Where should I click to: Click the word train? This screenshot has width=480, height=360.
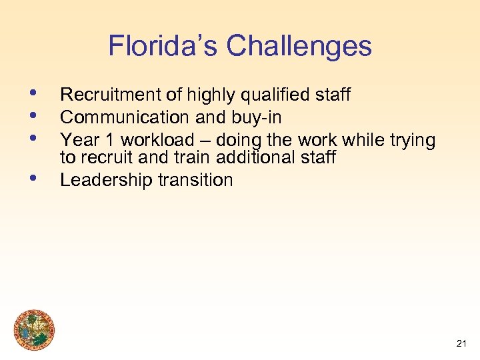click(x=174, y=157)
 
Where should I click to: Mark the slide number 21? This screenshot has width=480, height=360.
click(x=461, y=344)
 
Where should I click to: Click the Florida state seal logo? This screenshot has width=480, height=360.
click(x=35, y=331)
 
